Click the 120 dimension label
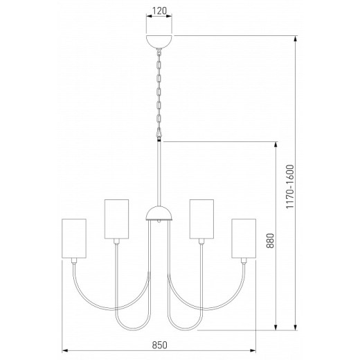(x=159, y=11)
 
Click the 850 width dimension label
(x=159, y=345)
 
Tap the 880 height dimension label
(x=270, y=240)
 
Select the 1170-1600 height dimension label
(x=290, y=186)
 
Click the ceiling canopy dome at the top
(x=159, y=42)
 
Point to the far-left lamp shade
(x=74, y=238)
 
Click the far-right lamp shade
(x=244, y=238)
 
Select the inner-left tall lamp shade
(x=116, y=219)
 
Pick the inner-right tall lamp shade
(x=201, y=219)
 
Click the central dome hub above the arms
(x=159, y=213)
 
